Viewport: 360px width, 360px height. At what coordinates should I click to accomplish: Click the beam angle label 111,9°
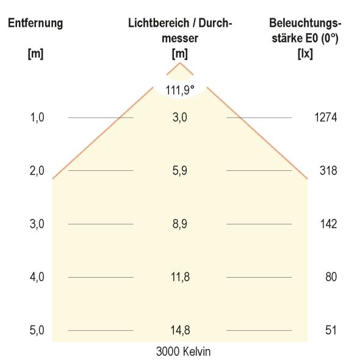coord(179,90)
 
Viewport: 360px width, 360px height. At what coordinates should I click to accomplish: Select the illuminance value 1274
coord(325,117)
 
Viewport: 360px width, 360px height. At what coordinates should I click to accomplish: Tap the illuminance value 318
coord(328,171)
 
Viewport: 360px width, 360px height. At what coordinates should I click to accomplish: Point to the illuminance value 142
coord(328,224)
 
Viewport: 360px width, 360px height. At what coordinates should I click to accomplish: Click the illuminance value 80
coord(331,277)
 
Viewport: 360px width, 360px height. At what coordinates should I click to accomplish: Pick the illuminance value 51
coord(331,330)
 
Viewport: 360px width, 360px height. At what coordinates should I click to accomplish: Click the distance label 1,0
coord(37,117)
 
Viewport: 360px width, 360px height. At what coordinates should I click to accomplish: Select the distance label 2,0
coord(37,171)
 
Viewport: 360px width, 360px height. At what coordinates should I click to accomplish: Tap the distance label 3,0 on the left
coord(37,224)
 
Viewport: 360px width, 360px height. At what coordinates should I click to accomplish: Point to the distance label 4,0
coord(37,277)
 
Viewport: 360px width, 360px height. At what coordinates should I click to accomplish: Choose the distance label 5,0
coord(37,330)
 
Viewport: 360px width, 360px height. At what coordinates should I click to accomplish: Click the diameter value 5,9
coord(179,171)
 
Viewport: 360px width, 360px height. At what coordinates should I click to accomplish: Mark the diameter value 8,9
coord(179,224)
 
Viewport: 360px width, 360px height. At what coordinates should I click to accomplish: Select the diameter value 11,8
coord(179,277)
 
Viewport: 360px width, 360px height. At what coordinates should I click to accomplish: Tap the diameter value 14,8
coord(179,330)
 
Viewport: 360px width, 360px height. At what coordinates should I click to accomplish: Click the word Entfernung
coord(35,24)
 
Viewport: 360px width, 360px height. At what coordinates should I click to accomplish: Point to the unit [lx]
coord(305,53)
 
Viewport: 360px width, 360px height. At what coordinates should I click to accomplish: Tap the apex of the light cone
coord(179,63)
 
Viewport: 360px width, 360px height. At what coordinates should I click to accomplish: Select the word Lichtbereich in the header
coord(154,24)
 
